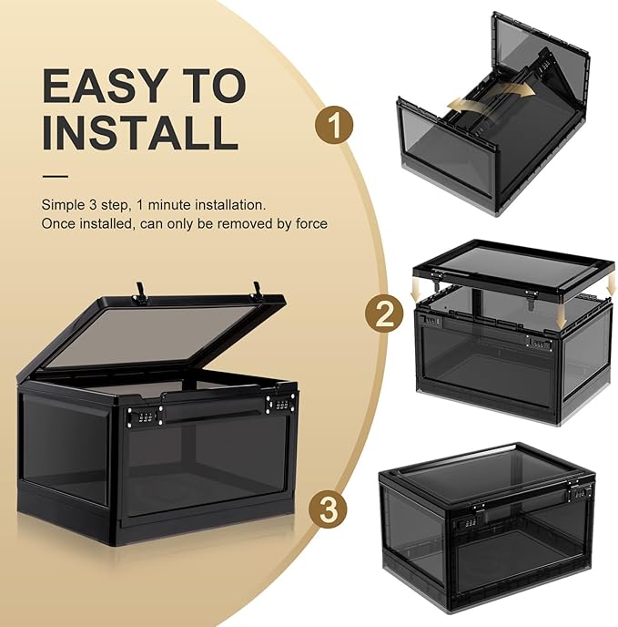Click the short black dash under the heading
[55, 176]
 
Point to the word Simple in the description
[62, 204]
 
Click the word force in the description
[309, 223]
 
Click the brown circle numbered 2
[383, 315]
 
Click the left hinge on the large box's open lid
[142, 291]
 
